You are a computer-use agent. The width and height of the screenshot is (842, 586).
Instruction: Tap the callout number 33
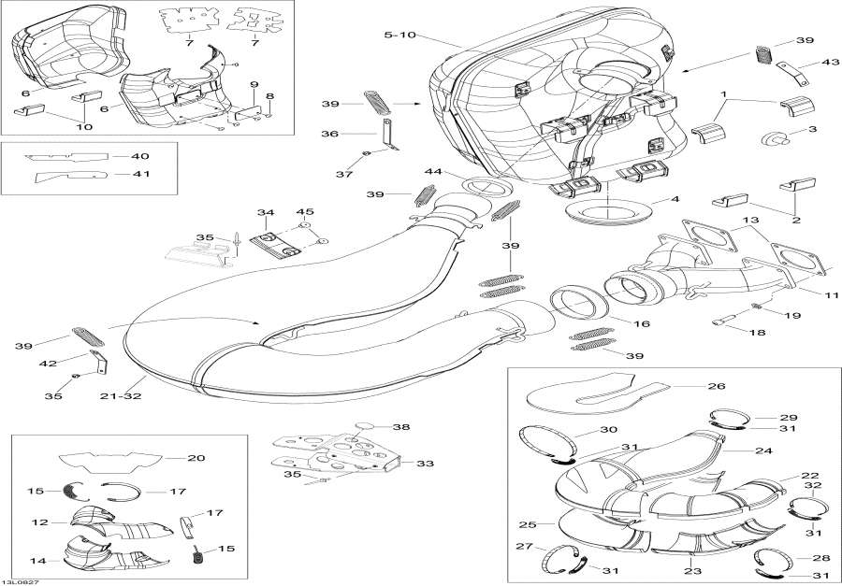(x=426, y=463)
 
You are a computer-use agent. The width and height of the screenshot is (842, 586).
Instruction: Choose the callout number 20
(x=196, y=458)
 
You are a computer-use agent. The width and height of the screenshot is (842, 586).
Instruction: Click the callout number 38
(x=401, y=427)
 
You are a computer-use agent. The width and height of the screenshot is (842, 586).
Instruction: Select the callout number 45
(x=306, y=212)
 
